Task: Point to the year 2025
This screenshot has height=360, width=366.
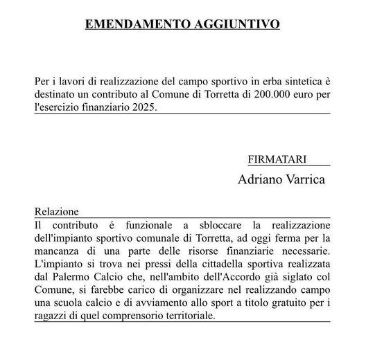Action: [x=140, y=107]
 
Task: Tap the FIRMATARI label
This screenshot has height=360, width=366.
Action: [x=277, y=159]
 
